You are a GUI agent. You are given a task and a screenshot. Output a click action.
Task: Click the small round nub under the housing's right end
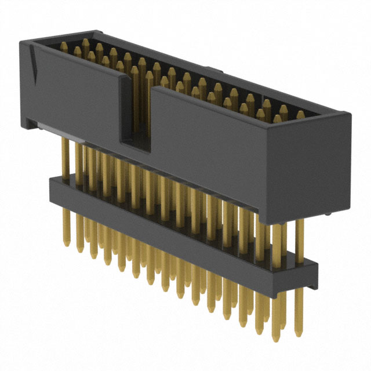point(328,215)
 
